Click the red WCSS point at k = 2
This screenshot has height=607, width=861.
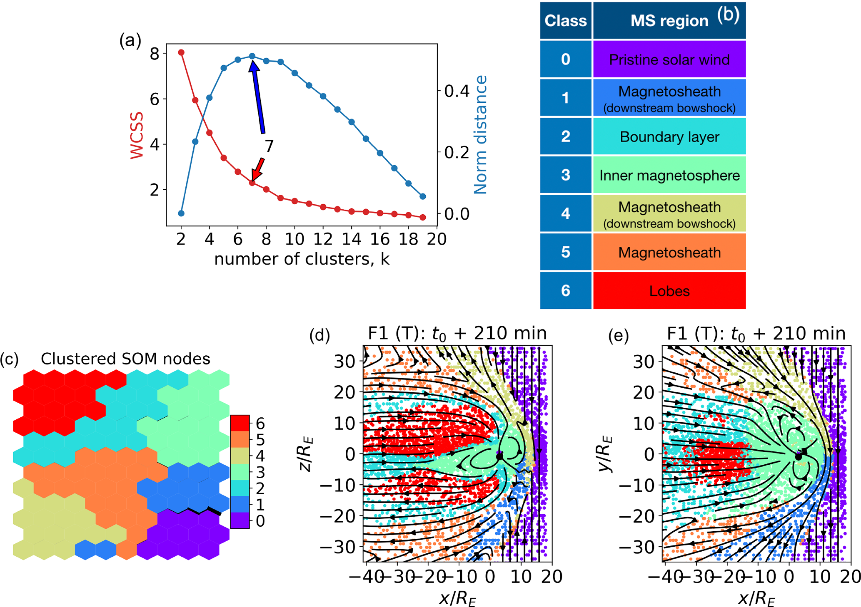point(181,52)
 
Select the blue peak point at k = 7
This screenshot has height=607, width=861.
point(252,56)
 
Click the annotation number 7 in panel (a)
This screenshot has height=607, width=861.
point(269,146)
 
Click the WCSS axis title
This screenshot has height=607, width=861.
point(137,135)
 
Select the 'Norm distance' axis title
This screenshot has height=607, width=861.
point(481,134)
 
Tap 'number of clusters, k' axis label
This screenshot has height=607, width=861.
point(302,259)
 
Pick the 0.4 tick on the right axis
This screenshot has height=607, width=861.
point(457,91)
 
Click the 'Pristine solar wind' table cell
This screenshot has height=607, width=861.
point(669,59)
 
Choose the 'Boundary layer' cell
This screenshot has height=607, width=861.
point(669,137)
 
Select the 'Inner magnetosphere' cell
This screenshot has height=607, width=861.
point(669,175)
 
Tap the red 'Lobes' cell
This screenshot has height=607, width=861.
point(669,291)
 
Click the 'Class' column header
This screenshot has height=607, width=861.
point(565,21)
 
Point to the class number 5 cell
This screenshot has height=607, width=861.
point(565,252)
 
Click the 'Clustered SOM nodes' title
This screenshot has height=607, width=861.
point(125,359)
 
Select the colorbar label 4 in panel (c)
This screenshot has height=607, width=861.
point(260,456)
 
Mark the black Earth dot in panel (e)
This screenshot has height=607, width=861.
point(798,456)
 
